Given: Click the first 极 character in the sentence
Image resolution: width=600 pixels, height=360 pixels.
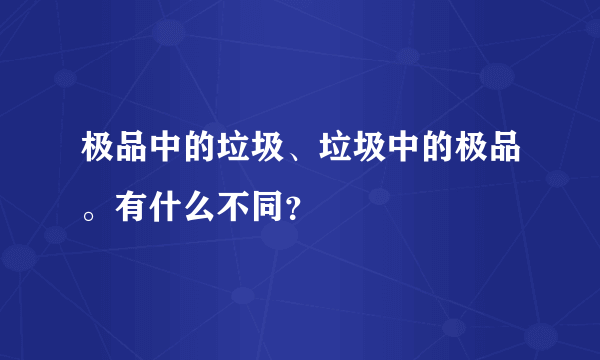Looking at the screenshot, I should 95,153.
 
